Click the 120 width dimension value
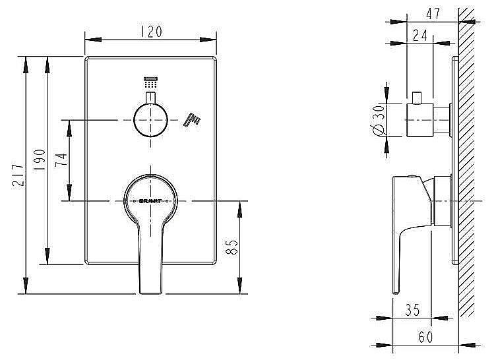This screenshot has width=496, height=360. [151, 30]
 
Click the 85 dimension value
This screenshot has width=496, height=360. [232, 248]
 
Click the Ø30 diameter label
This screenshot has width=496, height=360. [378, 121]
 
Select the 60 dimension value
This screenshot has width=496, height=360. [425, 336]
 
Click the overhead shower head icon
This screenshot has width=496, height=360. [151, 83]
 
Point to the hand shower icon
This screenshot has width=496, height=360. [193, 119]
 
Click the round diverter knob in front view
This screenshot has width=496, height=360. [150, 120]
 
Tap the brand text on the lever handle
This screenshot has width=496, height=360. [150, 200]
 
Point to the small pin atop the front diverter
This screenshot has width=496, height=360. [151, 98]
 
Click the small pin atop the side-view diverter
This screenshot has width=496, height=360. [417, 97]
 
